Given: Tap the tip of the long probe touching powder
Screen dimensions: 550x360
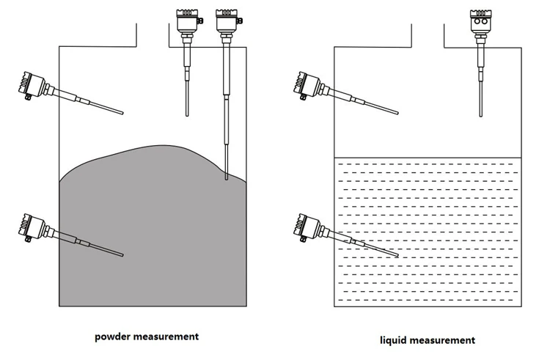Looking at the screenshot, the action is pos(227,179).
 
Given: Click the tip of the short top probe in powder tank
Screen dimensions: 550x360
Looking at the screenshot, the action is pos(187,114).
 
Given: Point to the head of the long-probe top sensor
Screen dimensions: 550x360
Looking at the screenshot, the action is pos(227,21).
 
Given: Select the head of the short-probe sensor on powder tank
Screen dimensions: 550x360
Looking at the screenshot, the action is pos(187,21).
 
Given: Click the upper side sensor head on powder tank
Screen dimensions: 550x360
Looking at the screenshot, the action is pos(32,84).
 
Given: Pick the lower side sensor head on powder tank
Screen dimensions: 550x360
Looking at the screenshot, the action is pos(32,227).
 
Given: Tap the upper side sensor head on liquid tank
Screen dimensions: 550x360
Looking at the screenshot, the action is pos(307,84).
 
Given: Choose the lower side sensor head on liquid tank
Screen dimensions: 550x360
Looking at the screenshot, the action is pos(307,227).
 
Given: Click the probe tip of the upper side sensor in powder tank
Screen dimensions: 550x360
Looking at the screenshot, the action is pos(122,113).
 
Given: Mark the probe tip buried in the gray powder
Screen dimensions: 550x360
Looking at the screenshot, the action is pos(122,255).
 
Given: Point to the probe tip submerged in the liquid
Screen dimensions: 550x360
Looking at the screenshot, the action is pos(397,255).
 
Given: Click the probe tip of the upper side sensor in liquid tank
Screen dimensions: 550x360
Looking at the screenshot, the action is pos(397,113).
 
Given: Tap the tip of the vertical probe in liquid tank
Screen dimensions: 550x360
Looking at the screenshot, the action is pos(480,115).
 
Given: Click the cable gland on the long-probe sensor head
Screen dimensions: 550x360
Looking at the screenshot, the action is pos(240,21).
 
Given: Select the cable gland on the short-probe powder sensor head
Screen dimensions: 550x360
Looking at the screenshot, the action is pos(201,21).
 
